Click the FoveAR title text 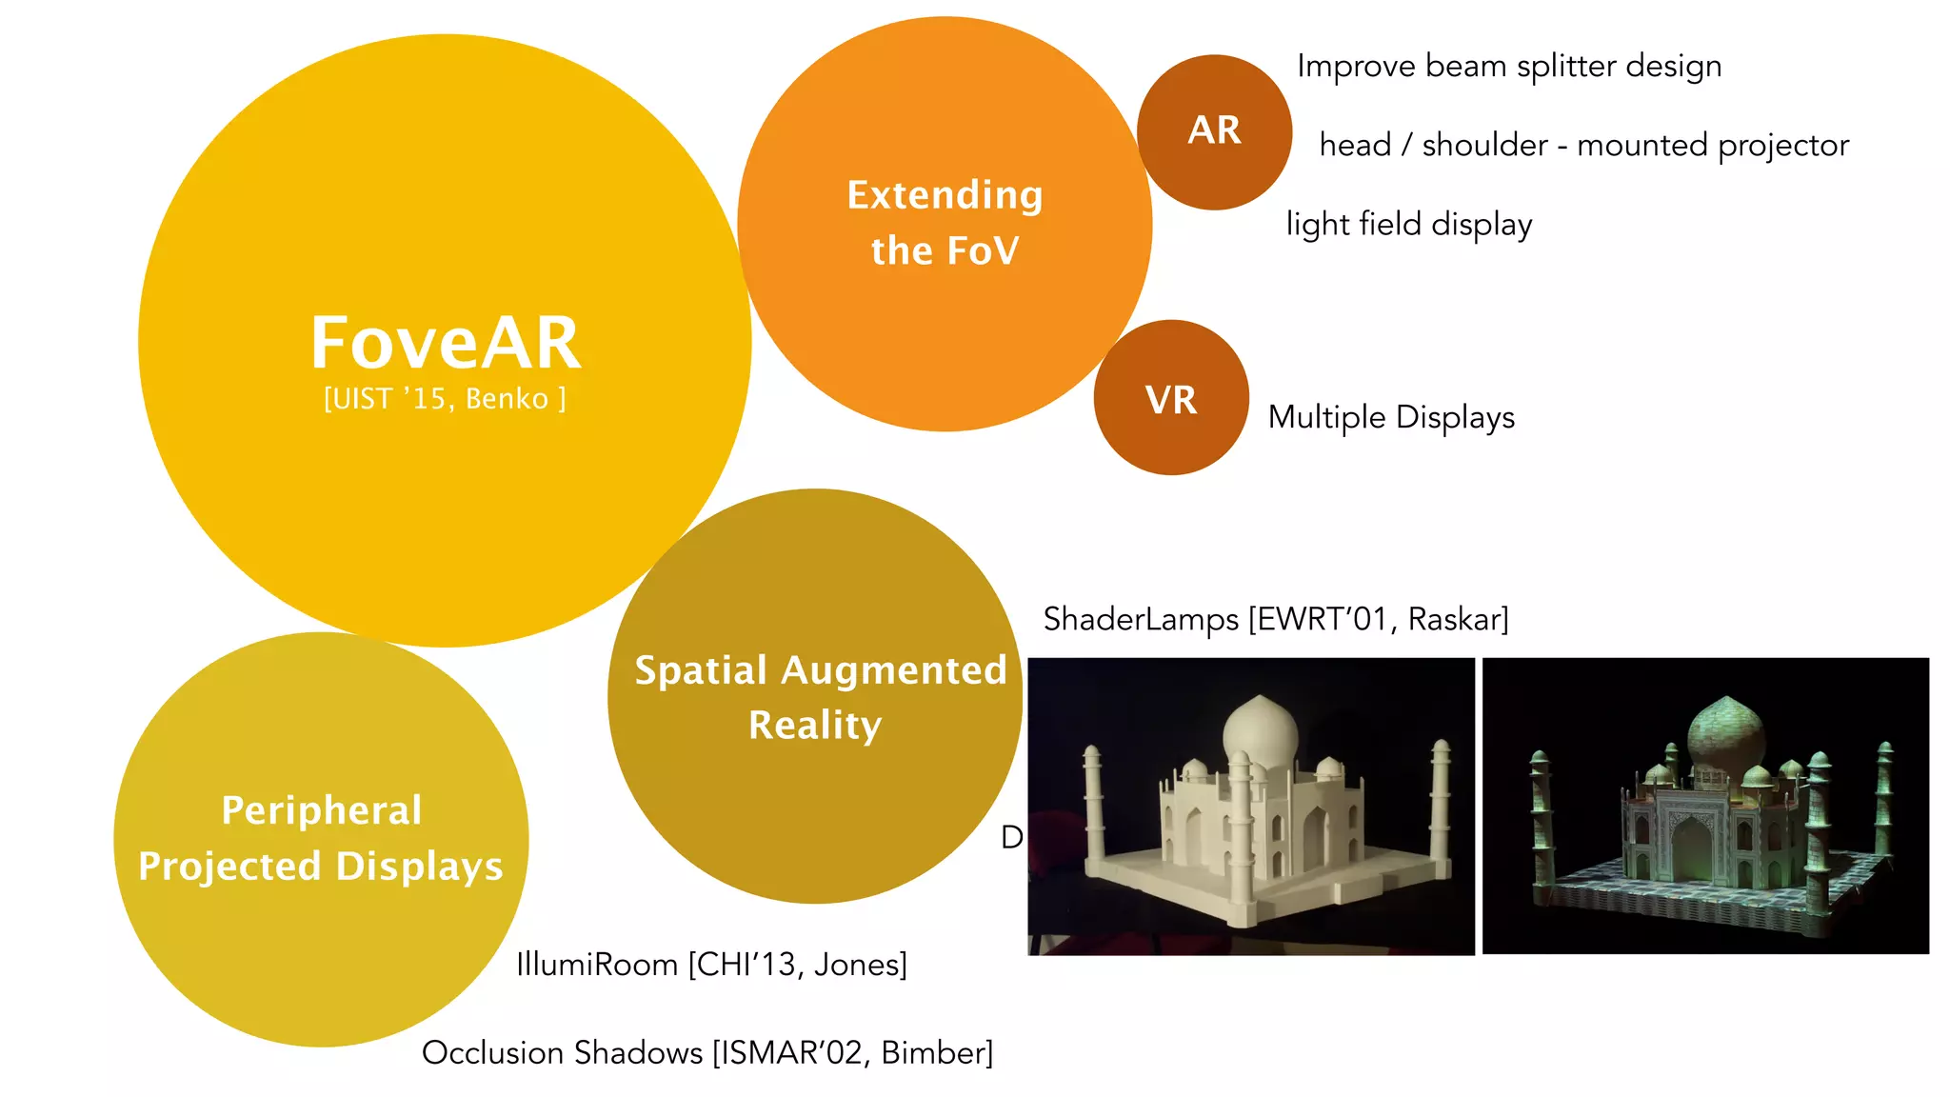446,343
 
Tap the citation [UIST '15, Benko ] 445,398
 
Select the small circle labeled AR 1214,131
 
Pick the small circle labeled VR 1171,399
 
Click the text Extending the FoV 945,223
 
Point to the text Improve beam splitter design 1509,67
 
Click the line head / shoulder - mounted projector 1583,146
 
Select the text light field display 1409,225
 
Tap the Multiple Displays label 1391,417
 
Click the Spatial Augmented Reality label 819,697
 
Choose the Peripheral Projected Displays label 321,838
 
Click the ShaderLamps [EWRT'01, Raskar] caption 1276,620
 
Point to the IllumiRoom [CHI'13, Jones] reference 711,965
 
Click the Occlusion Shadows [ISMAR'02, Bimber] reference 707,1053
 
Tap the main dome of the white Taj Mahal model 1260,731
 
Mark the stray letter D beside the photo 1011,838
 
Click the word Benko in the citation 507,398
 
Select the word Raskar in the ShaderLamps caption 1457,620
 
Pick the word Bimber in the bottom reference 935,1053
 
